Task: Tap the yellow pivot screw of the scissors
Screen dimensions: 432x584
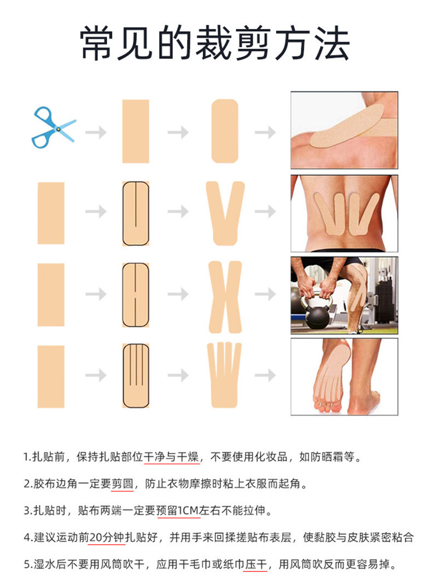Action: click(x=58, y=129)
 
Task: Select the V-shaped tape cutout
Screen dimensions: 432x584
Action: click(x=225, y=213)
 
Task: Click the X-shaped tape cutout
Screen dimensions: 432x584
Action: click(x=225, y=297)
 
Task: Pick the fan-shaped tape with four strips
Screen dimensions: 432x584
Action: click(x=224, y=375)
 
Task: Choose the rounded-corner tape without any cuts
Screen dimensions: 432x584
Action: click(x=225, y=131)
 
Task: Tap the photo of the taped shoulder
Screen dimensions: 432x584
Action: click(x=345, y=130)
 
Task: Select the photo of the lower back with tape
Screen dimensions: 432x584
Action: click(x=345, y=214)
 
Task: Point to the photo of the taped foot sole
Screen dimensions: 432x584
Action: click(x=345, y=376)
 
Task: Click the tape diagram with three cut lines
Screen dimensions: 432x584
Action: click(x=136, y=376)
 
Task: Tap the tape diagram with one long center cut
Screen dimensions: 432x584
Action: click(x=136, y=214)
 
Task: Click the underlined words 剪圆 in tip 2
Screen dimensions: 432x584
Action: click(x=122, y=483)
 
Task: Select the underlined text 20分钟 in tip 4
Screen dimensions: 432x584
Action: click(x=107, y=537)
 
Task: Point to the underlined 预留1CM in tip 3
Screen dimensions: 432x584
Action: click(x=178, y=510)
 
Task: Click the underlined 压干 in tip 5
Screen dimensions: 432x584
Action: click(x=256, y=564)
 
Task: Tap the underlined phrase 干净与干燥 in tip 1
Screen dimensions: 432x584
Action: click(x=172, y=457)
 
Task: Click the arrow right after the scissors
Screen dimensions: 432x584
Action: click(x=96, y=132)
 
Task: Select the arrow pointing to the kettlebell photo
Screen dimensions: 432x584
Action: click(x=265, y=294)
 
